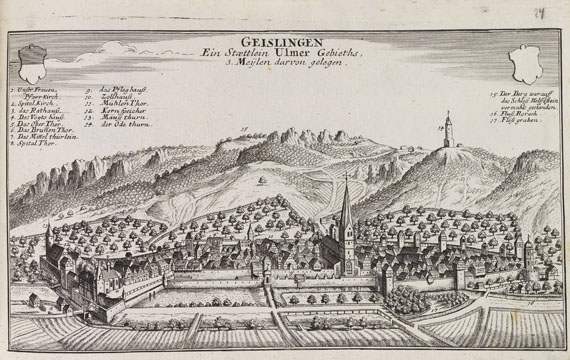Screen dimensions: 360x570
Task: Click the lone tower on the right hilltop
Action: (x=449, y=131)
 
